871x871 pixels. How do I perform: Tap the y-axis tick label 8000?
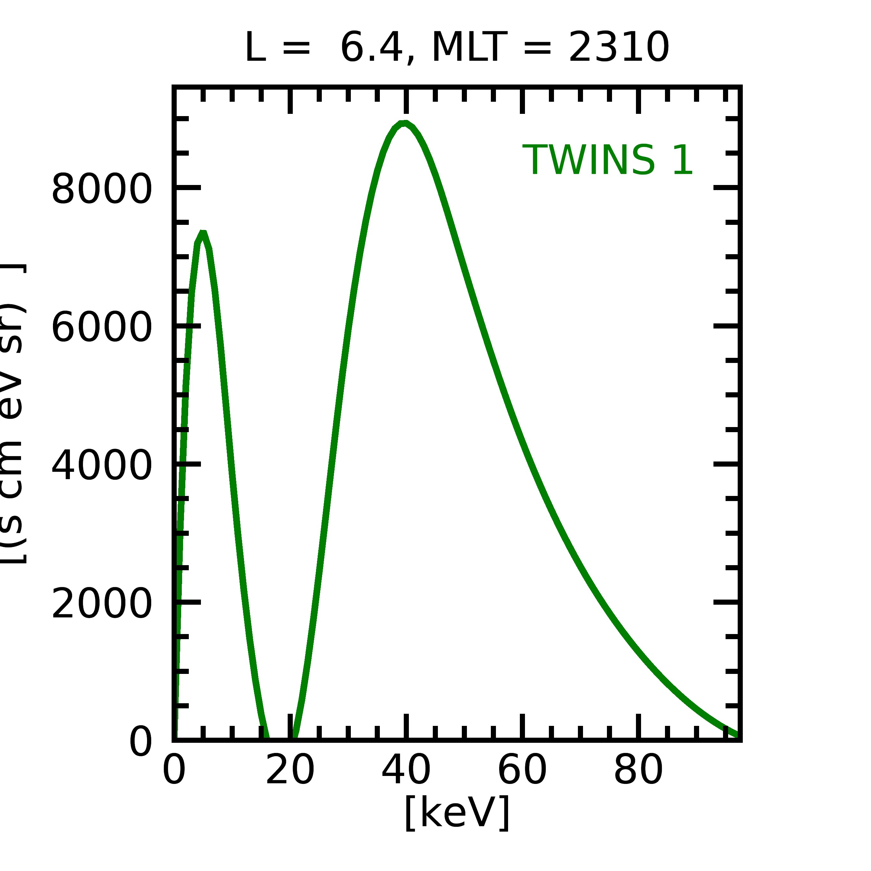102,189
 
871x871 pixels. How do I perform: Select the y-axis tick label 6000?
102,328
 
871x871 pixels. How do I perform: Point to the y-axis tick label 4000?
102,466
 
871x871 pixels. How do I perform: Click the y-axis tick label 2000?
102,605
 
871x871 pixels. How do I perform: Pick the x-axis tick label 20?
290,771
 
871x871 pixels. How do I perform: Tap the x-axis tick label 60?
522,771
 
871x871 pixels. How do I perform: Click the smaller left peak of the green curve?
203,233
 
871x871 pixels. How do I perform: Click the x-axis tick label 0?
174,771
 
